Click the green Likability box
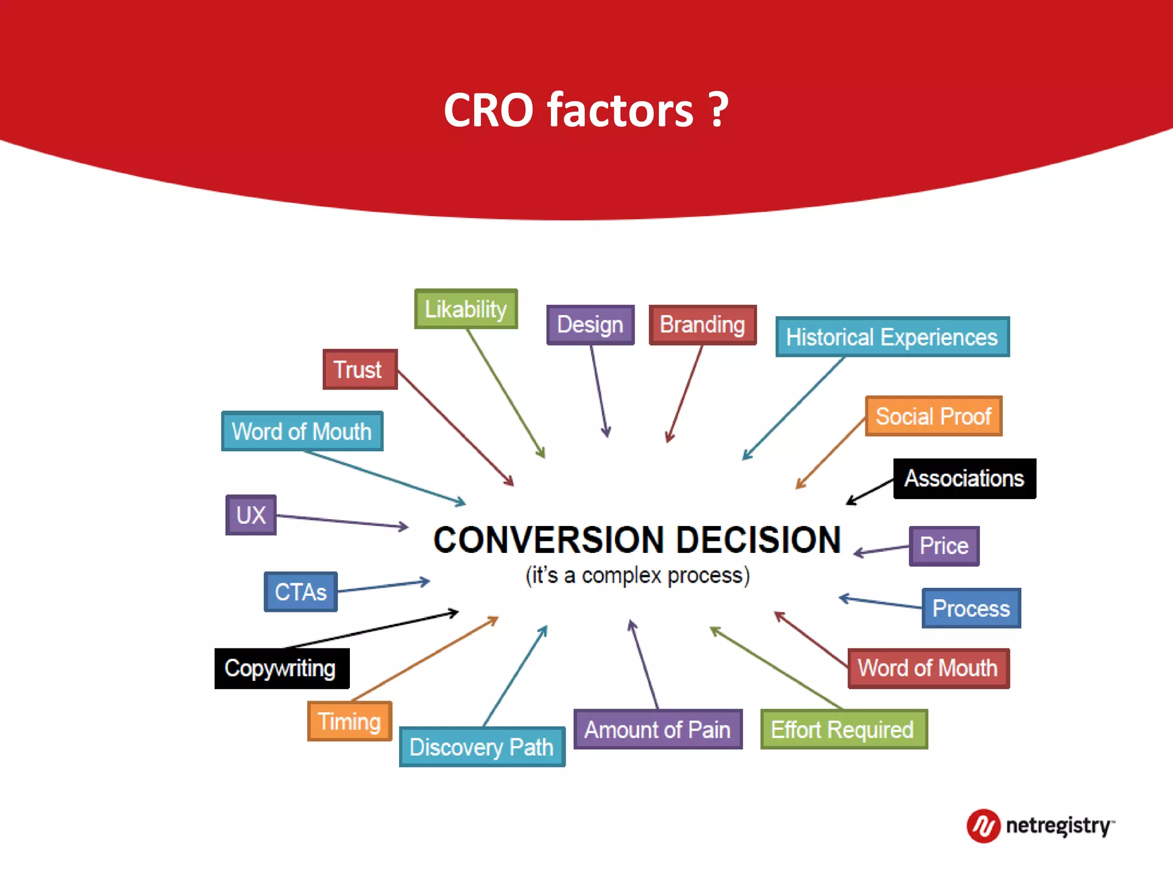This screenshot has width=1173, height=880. (x=466, y=309)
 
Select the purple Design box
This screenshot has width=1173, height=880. (x=590, y=325)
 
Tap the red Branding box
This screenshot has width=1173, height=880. (x=702, y=325)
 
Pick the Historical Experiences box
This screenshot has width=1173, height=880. (x=892, y=337)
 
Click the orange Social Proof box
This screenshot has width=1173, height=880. (x=933, y=417)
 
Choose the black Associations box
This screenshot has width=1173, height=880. (x=964, y=478)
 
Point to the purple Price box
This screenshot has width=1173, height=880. (x=944, y=546)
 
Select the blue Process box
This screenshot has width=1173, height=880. (x=971, y=608)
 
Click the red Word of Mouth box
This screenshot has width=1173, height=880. (x=928, y=668)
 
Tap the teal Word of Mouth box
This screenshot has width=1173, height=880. (x=302, y=431)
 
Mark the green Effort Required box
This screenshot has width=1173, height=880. (x=843, y=730)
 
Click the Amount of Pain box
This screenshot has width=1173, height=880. (x=658, y=730)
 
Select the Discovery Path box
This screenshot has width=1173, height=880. (x=482, y=747)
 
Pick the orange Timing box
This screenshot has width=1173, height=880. (x=349, y=721)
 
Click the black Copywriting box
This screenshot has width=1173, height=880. (x=281, y=669)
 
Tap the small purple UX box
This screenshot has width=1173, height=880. (x=251, y=515)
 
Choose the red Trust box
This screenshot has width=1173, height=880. (x=360, y=370)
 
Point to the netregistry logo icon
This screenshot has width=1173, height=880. (x=983, y=826)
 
